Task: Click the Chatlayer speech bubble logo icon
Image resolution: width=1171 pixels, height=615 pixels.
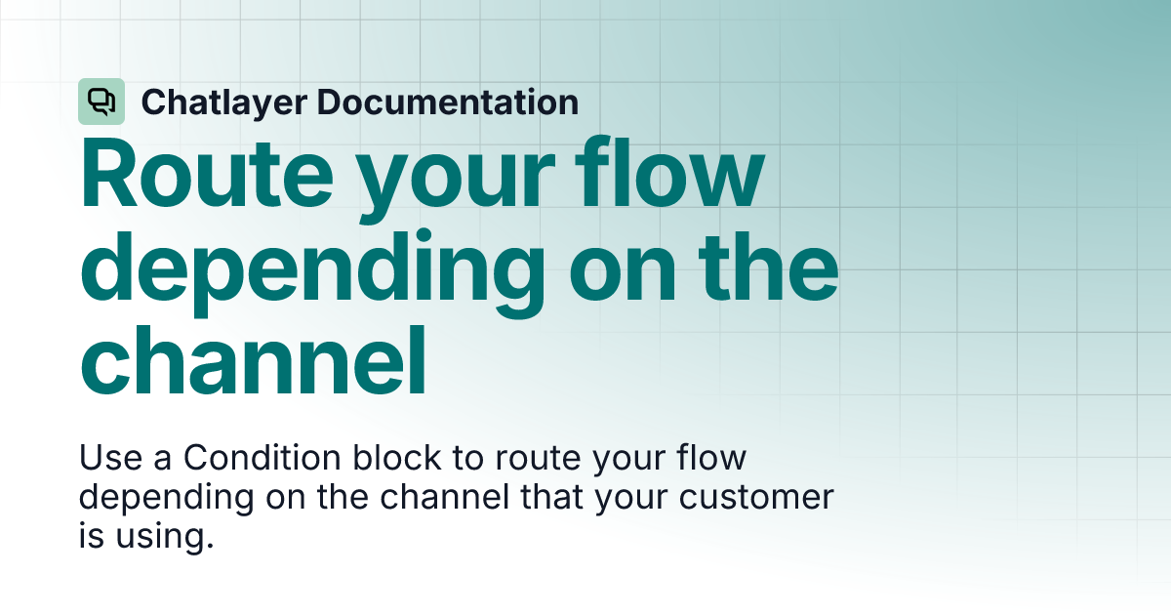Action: point(101,102)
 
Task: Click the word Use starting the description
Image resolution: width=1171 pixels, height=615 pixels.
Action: point(110,457)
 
